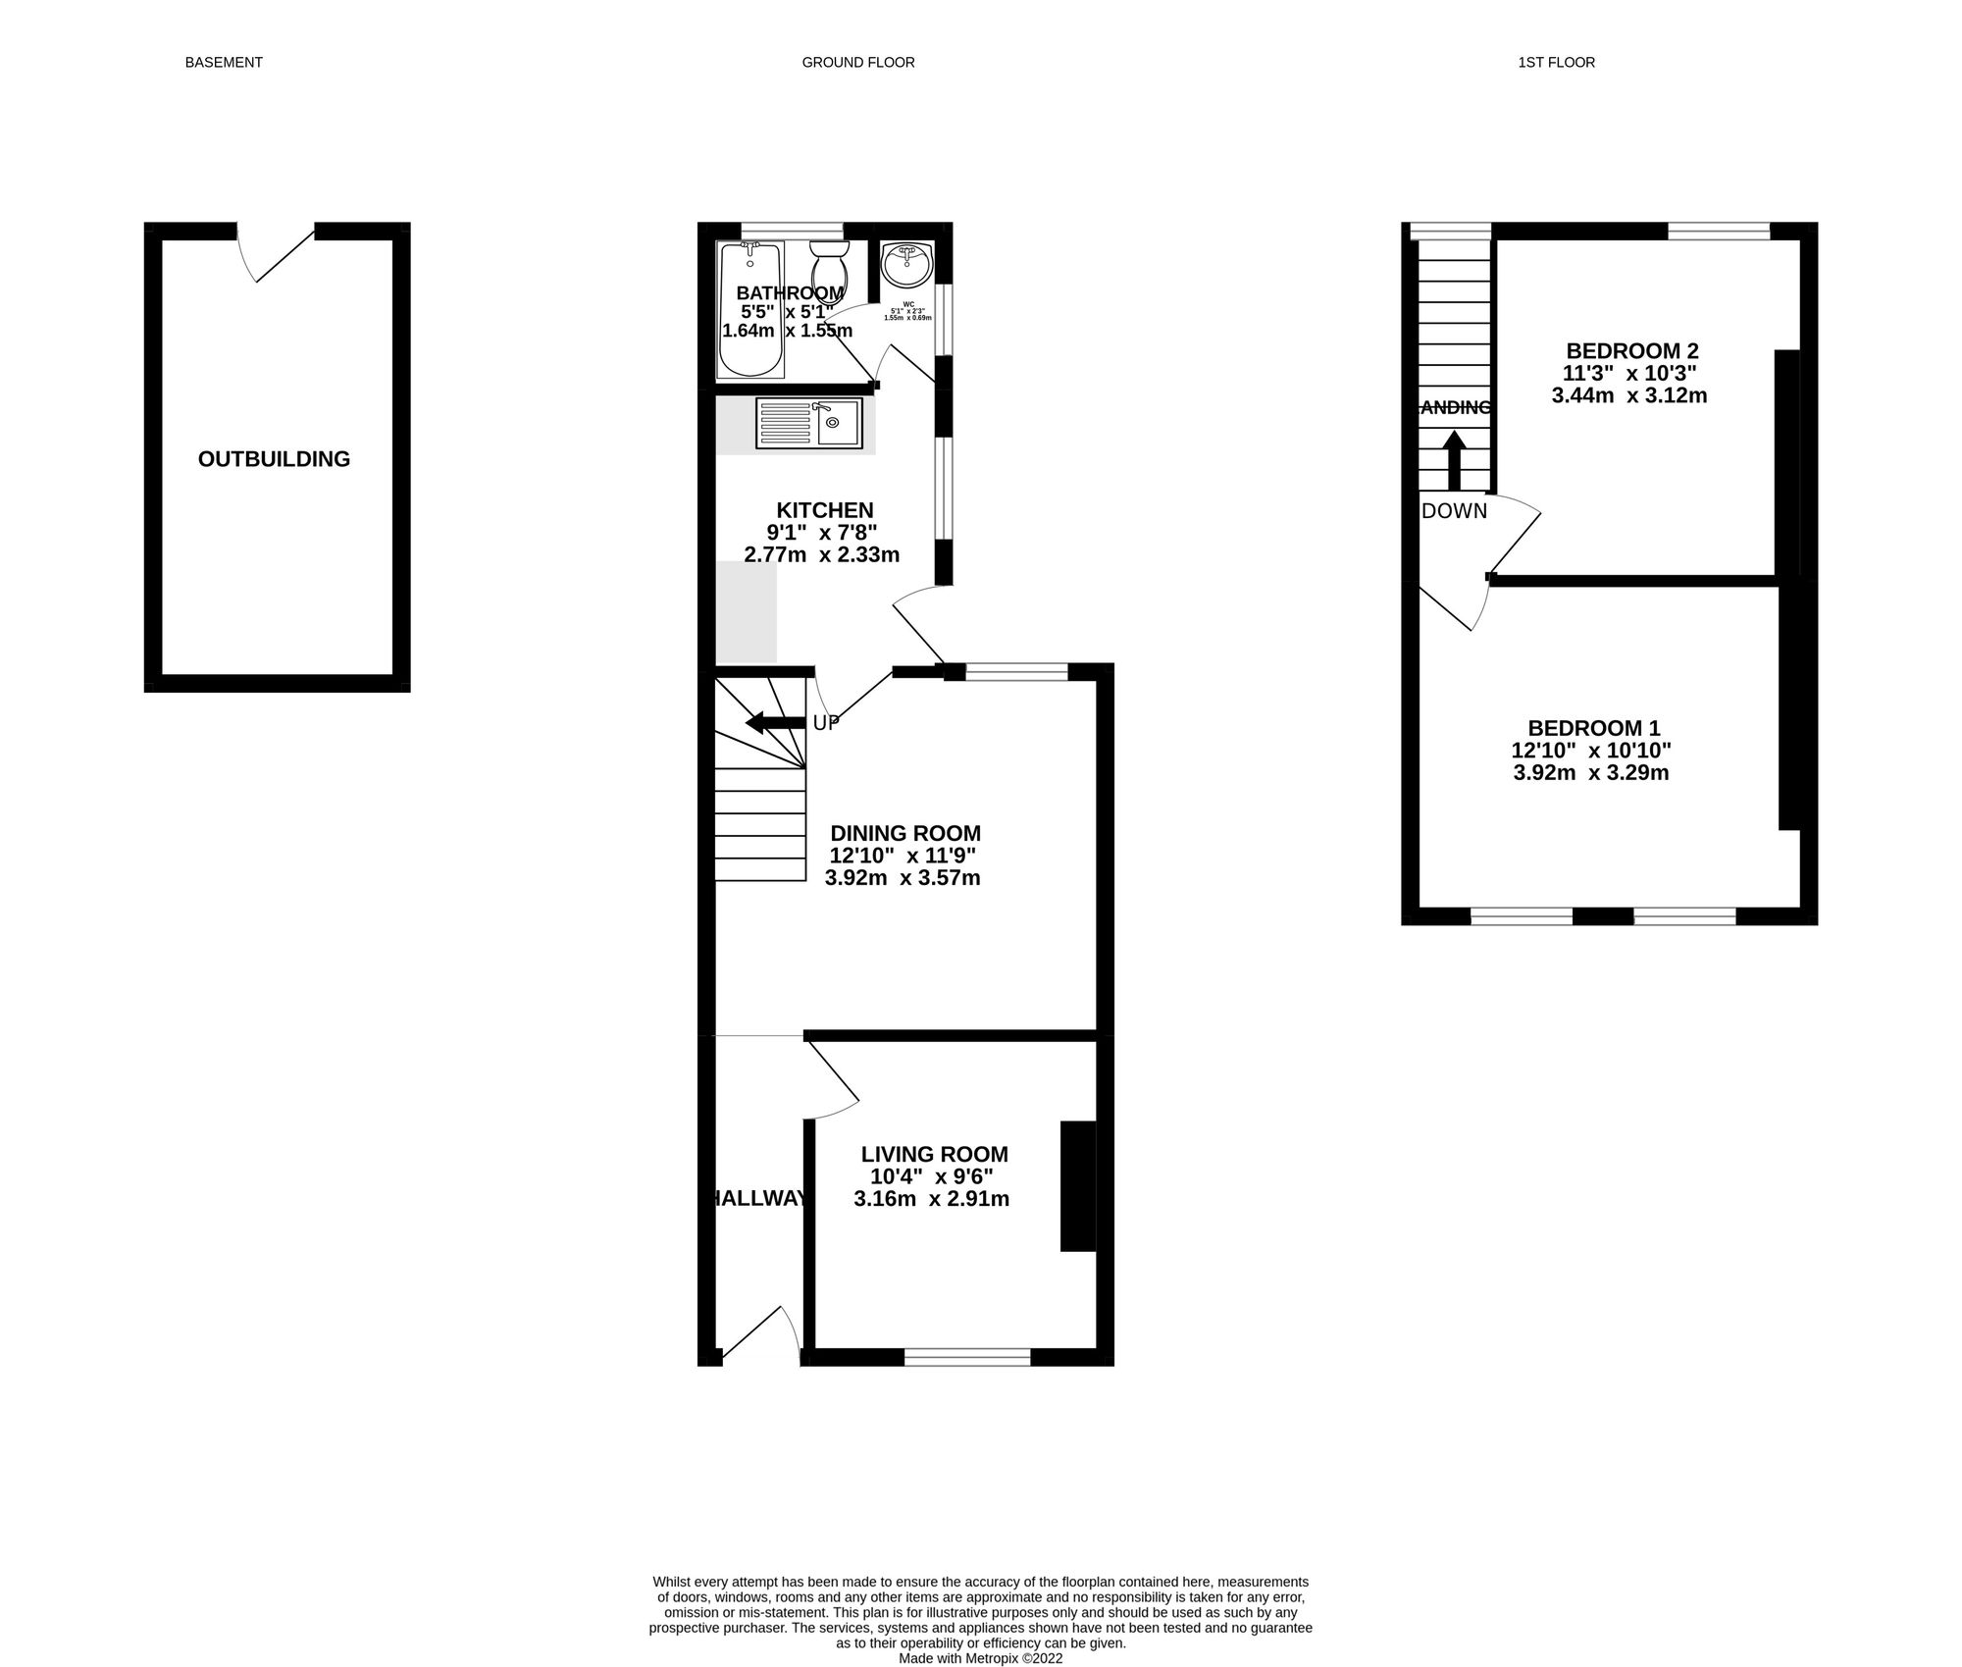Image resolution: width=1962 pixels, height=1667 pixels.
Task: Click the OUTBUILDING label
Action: (x=274, y=459)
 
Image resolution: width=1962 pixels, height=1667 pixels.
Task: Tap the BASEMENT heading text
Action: (x=224, y=63)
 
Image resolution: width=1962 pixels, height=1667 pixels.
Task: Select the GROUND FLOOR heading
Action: (x=858, y=63)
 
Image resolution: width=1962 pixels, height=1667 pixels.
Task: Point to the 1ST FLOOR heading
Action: (x=1556, y=63)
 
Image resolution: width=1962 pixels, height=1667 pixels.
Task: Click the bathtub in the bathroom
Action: (x=750, y=310)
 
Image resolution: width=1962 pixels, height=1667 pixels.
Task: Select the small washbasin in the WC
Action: (x=907, y=263)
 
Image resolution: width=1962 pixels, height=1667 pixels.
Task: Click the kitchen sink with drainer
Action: (x=808, y=423)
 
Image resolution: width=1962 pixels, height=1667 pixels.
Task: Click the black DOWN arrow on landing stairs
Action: (x=1453, y=460)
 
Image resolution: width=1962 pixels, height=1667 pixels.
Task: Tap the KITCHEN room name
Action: (x=824, y=510)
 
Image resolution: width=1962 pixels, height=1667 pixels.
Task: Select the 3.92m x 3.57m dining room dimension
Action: (x=903, y=878)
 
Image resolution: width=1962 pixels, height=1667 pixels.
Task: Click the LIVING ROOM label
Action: (x=934, y=1155)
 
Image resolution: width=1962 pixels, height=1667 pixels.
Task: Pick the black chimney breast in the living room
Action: (x=1077, y=1186)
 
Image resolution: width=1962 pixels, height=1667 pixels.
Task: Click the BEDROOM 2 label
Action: (x=1631, y=351)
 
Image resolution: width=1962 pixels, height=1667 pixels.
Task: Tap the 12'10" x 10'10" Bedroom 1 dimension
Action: (x=1591, y=751)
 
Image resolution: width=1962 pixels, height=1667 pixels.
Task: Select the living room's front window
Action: (x=966, y=1357)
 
